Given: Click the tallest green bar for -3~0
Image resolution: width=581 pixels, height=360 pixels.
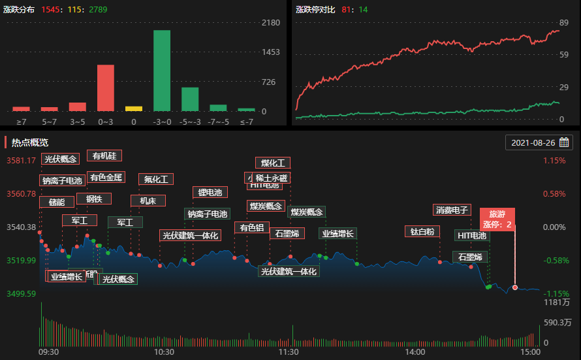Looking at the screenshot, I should pyautogui.click(x=162, y=71).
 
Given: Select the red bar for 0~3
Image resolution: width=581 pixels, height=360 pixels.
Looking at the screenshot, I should pyautogui.click(x=106, y=88).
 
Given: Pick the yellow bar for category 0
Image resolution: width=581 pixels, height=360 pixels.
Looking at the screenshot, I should pyautogui.click(x=134, y=108).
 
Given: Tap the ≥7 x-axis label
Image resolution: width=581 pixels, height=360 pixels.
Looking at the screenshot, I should pyautogui.click(x=21, y=122).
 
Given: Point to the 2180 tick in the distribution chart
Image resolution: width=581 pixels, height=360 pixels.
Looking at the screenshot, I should pyautogui.click(x=270, y=23).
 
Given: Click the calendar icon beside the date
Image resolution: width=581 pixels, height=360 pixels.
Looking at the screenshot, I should pyautogui.click(x=565, y=142).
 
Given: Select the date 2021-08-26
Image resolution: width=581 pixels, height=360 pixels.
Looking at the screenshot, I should pyautogui.click(x=533, y=142).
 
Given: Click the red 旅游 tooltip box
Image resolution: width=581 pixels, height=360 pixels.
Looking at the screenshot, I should pyautogui.click(x=497, y=219).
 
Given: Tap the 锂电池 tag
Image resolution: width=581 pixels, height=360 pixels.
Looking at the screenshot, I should pyautogui.click(x=210, y=192).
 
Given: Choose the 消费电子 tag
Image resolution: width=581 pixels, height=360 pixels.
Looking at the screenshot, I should pyautogui.click(x=452, y=210).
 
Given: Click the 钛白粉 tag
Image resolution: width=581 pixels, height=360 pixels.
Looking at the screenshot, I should pyautogui.click(x=422, y=231).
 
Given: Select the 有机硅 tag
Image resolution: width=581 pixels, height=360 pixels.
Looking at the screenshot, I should pyautogui.click(x=104, y=155).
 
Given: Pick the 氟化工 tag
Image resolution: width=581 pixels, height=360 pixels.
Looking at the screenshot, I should pyautogui.click(x=156, y=179).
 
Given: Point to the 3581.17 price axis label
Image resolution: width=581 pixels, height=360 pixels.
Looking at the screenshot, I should pyautogui.click(x=21, y=161).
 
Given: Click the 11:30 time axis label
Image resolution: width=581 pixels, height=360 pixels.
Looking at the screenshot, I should pyautogui.click(x=288, y=352).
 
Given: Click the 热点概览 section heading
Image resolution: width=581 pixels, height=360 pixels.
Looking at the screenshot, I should pyautogui.click(x=30, y=142).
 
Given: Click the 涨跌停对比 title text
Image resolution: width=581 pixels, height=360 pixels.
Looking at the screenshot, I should pyautogui.click(x=315, y=10).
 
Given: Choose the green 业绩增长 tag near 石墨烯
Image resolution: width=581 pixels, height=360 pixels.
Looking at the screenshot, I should pyautogui.click(x=338, y=233).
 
